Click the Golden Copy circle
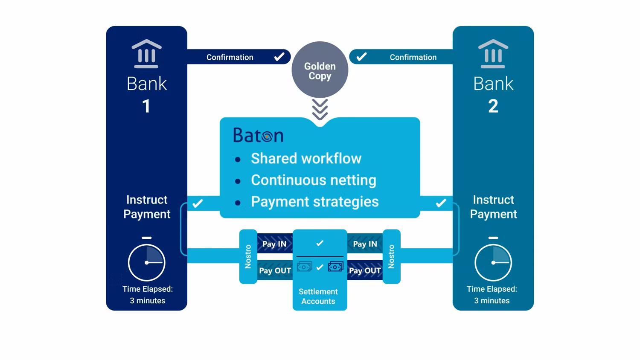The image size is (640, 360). click(x=320, y=70)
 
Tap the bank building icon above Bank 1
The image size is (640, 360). click(x=146, y=54)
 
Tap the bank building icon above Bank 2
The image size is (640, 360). click(x=493, y=54)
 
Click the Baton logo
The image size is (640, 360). click(x=258, y=135)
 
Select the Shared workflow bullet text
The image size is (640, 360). click(x=306, y=158)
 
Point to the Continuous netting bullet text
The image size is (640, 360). click(x=313, y=180)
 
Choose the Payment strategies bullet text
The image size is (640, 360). click(x=314, y=201)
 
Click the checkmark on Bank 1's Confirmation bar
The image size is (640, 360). click(x=279, y=57)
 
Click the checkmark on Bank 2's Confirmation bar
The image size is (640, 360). click(x=361, y=57)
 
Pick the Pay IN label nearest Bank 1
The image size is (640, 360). click(x=274, y=244)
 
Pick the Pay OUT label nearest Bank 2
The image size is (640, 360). click(x=365, y=270)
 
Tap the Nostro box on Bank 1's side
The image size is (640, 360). click(x=248, y=256)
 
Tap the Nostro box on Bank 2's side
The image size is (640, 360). click(x=391, y=256)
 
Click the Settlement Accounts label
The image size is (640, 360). click(x=318, y=296)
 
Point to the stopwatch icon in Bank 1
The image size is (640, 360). click(x=146, y=261)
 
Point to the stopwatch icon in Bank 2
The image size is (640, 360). click(x=493, y=261)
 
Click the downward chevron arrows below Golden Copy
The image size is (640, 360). click(x=320, y=109)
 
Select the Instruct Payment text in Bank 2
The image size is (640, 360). click(x=493, y=207)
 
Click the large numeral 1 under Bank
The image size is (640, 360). click(x=146, y=106)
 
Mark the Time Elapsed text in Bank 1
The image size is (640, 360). click(x=148, y=295)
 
